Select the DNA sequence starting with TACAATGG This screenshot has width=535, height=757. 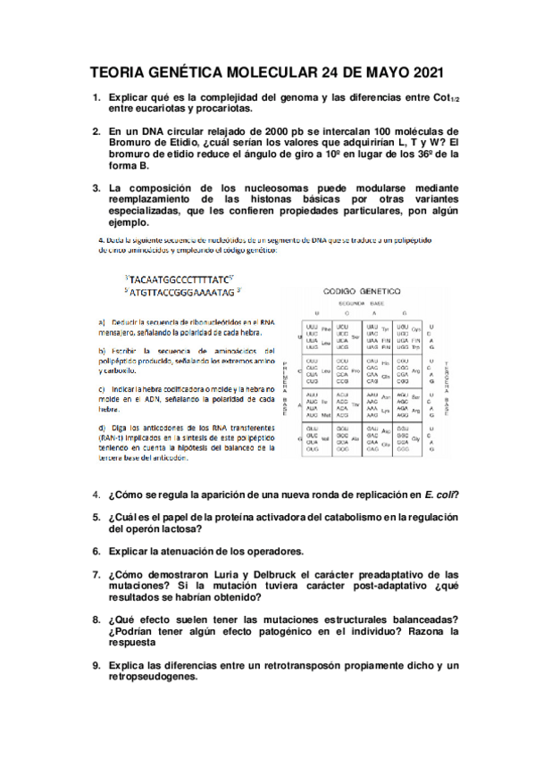click(x=180, y=278)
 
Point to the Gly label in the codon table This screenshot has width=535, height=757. click(x=416, y=439)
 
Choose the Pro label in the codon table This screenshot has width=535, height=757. click(x=355, y=370)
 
